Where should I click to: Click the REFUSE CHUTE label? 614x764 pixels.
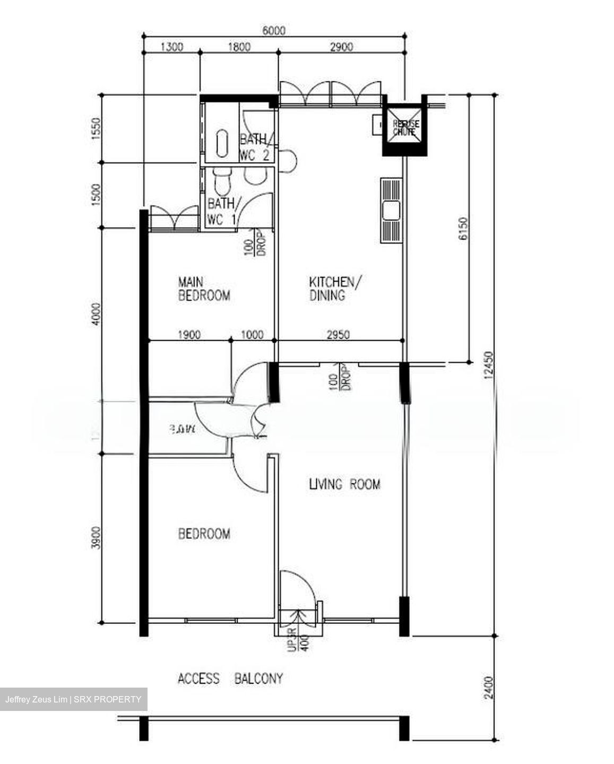tap(406, 127)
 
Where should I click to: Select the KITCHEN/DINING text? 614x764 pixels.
tap(336, 288)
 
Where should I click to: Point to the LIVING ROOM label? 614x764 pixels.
tap(344, 484)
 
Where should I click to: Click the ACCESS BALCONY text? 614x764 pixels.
tap(230, 678)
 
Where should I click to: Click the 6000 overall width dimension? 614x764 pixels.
tap(274, 31)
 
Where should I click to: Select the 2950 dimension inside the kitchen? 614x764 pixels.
tap(338, 335)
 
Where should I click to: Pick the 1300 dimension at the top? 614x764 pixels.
tap(171, 47)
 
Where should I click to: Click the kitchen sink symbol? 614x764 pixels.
tap(391, 211)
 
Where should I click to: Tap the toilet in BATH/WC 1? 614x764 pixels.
tap(221, 181)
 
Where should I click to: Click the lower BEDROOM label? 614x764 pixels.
tap(204, 533)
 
